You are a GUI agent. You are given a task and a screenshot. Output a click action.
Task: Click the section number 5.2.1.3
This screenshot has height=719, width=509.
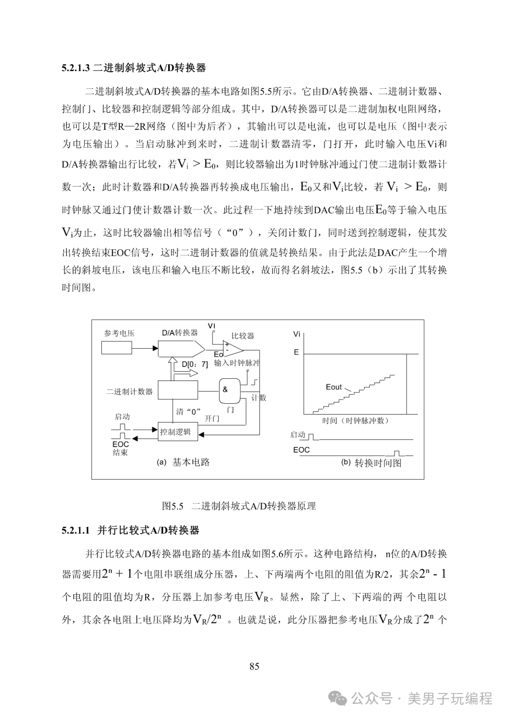point(75,68)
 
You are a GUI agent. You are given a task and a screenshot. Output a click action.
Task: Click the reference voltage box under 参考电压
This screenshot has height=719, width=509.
point(116,348)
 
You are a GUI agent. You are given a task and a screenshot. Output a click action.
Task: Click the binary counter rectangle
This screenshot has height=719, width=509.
point(178,391)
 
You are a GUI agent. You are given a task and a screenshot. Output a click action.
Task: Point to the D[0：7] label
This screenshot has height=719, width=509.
point(195,364)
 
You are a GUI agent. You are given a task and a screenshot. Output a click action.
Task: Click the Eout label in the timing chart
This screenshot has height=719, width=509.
point(334,387)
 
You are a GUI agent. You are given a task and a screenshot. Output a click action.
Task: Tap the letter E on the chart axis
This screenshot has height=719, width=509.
point(296,352)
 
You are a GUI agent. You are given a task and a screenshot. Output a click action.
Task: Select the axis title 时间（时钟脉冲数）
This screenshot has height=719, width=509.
point(355,421)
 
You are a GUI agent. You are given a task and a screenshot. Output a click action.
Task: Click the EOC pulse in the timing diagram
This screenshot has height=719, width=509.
point(398,453)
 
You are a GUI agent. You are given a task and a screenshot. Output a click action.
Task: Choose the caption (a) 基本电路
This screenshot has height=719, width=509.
point(183,462)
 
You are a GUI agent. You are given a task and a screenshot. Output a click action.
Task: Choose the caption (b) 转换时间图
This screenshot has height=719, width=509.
point(371,463)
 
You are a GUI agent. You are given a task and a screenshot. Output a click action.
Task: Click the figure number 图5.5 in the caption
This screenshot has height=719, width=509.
point(172,506)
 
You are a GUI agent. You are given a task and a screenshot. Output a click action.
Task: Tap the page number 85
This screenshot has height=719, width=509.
point(254,666)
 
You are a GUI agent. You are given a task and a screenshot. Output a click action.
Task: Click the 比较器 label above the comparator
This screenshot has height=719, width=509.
point(243,336)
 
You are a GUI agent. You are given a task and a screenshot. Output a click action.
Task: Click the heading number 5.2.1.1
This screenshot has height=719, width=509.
point(75,530)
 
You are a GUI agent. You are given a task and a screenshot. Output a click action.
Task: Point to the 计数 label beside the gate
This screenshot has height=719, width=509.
point(258,398)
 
